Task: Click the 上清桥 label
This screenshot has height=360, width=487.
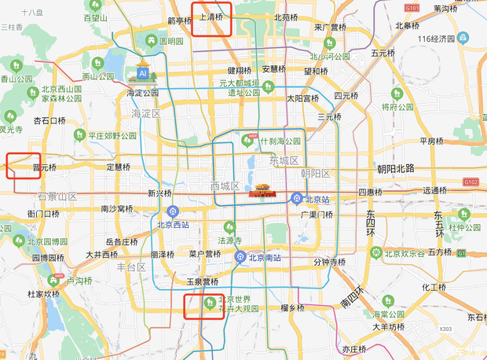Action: (212, 16)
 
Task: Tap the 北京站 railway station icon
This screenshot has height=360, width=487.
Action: (297, 197)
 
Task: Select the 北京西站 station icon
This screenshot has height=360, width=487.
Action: (173, 211)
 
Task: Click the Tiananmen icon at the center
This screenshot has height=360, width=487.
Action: (260, 191)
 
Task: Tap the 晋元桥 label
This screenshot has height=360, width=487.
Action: (43, 167)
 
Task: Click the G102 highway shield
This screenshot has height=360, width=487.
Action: (471, 182)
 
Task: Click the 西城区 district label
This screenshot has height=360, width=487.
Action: (225, 186)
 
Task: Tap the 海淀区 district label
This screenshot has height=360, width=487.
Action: (146, 114)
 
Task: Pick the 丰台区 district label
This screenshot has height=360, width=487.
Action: (131, 268)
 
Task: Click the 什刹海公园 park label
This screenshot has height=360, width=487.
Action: (281, 141)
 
